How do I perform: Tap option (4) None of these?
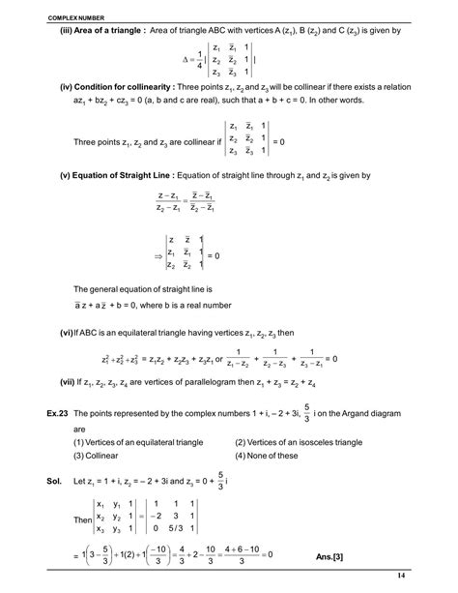click(x=270, y=458)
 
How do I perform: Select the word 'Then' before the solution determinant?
click(x=84, y=519)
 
